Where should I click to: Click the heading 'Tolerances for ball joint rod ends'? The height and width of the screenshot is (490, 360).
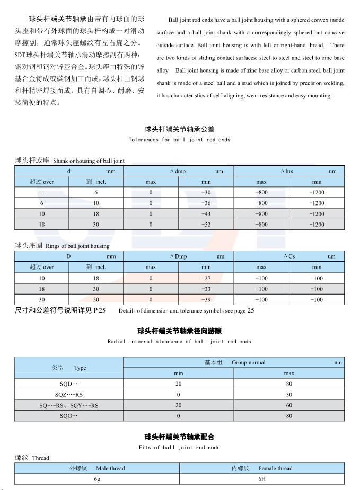tap(179, 140)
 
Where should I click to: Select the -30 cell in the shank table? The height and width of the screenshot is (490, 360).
tap(206, 192)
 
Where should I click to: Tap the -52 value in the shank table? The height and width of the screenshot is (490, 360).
tap(206, 225)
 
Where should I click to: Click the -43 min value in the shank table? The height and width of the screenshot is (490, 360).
tap(206, 214)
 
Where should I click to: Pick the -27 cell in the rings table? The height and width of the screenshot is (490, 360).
tap(206, 278)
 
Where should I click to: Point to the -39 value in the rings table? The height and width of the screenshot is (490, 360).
tap(206, 300)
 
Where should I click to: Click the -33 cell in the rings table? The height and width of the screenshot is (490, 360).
tap(206, 289)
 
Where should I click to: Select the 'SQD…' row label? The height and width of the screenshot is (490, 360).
tap(69, 384)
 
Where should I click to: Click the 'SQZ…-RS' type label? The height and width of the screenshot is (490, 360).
tap(69, 395)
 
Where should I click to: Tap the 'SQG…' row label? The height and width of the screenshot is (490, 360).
tap(69, 416)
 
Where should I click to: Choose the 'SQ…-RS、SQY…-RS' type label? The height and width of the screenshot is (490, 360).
tap(69, 405)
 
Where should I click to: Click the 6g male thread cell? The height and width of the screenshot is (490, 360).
tap(97, 479)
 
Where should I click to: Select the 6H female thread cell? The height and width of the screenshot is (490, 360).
tap(261, 479)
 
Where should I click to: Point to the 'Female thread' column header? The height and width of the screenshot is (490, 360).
tap(275, 468)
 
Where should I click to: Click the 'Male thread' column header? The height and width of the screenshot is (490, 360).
tap(110, 468)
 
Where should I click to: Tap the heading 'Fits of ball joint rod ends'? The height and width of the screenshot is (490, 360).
tap(179, 448)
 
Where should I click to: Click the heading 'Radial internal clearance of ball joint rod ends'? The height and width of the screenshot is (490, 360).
tap(179, 342)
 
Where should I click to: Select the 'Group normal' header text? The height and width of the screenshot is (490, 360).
tap(248, 363)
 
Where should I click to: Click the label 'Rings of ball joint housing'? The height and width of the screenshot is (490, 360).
tap(77, 246)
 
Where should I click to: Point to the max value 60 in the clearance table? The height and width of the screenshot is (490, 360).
tap(289, 405)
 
